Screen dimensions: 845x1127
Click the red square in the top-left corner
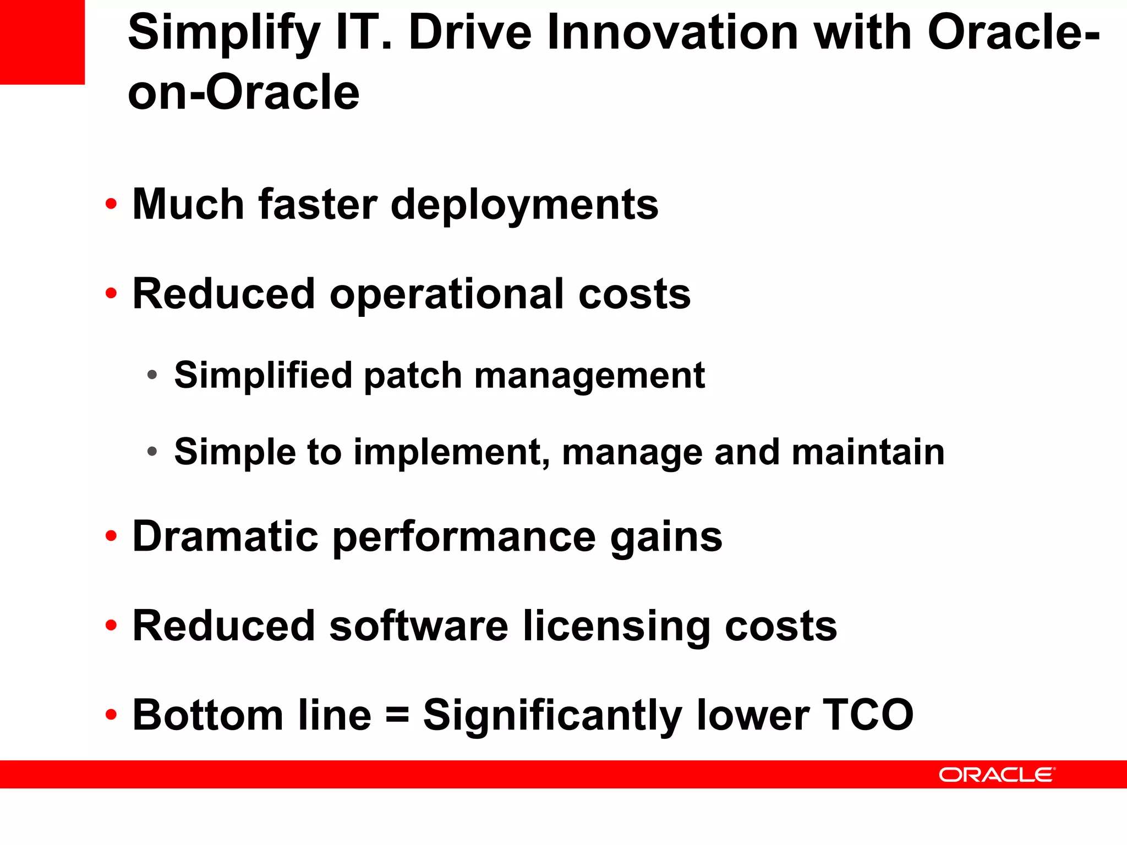[x=42, y=42]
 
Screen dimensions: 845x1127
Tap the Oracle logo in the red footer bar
[x=997, y=775]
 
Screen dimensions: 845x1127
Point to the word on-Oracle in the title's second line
[x=243, y=92]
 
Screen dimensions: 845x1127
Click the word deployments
[x=524, y=205]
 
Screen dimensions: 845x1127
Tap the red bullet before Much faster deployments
[x=111, y=204]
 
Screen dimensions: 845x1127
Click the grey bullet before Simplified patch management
[x=152, y=375]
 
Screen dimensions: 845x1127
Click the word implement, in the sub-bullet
[x=452, y=453]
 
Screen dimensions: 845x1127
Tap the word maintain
[x=868, y=452]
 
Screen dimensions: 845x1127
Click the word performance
[x=464, y=538]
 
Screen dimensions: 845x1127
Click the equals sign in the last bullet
[x=397, y=716]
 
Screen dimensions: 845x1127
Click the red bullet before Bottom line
[x=111, y=715]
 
